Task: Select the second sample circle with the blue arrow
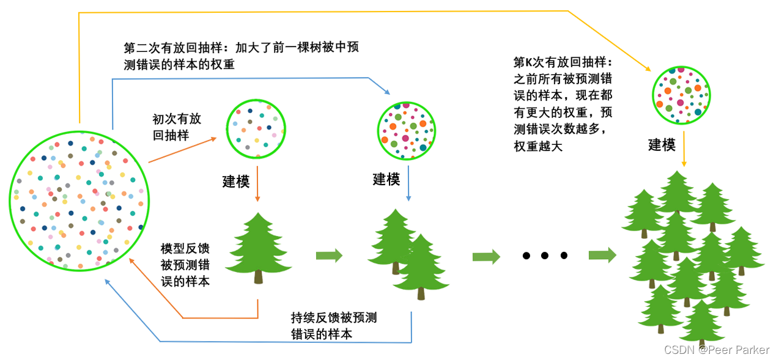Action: point(407,129)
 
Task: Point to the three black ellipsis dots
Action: point(545,255)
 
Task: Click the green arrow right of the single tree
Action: point(329,255)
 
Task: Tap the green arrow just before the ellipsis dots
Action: point(486,256)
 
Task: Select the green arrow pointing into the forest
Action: point(602,255)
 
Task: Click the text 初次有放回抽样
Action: point(177,127)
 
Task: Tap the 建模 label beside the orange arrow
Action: point(235,182)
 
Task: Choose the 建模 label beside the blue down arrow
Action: point(386,179)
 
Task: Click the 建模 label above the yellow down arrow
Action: point(662,145)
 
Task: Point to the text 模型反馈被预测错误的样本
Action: point(185,265)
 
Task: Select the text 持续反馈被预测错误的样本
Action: point(334,326)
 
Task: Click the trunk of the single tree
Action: point(259,277)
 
